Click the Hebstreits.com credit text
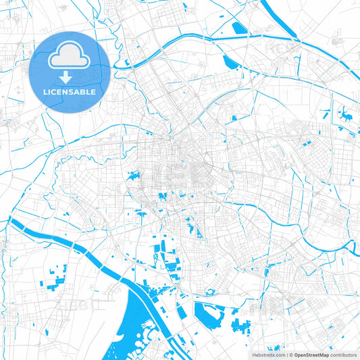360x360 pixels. (269, 355)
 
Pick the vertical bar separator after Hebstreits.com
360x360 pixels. (286, 355)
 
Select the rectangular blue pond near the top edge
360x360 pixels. (239, 28)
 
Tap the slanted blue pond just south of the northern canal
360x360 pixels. (229, 62)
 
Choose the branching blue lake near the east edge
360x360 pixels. (345, 115)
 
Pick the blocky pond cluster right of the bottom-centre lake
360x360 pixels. (240, 326)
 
